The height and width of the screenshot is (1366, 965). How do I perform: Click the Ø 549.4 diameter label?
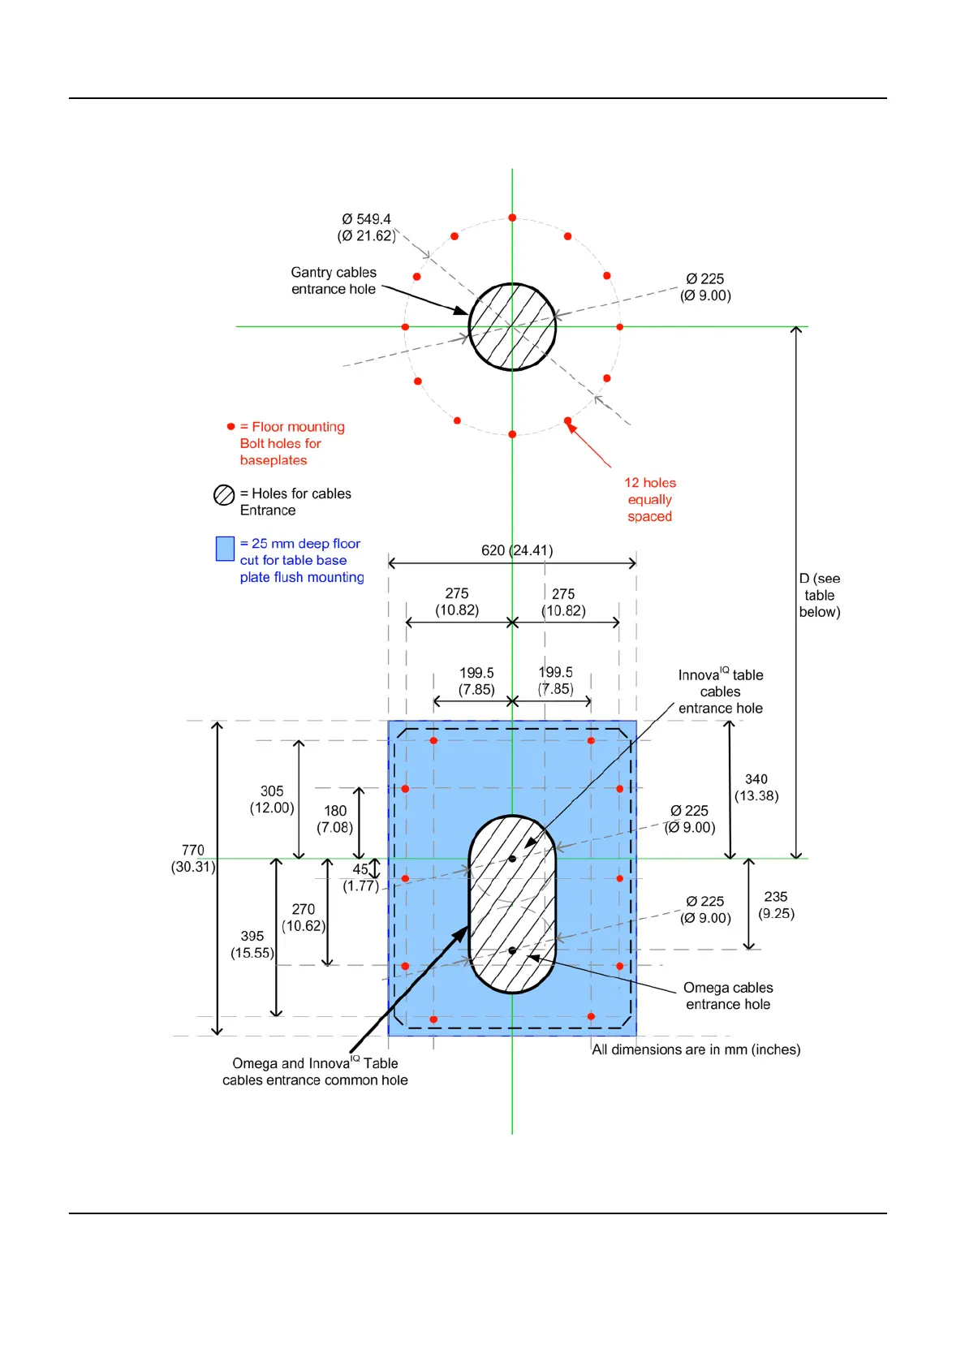(367, 227)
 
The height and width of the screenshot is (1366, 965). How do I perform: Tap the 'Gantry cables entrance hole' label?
(334, 281)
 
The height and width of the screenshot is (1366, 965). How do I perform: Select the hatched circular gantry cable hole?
(512, 326)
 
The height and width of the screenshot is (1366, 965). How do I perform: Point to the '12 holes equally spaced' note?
(649, 499)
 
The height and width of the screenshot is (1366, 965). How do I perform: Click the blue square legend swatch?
(225, 549)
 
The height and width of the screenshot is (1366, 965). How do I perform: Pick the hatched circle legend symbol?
(224, 494)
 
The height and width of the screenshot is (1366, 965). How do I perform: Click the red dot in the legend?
(230, 426)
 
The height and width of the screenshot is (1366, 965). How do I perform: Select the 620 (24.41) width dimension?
(517, 550)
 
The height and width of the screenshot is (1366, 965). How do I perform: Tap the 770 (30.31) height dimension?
(193, 858)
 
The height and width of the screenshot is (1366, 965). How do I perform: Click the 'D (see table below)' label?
(820, 595)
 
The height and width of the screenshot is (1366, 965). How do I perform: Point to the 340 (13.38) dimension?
(756, 787)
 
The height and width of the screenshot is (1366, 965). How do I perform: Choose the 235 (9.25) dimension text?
(776, 905)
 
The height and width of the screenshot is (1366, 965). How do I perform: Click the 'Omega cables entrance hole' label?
(728, 996)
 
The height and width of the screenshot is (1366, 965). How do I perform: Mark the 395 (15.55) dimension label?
(252, 944)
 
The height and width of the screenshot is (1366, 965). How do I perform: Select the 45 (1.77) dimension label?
(360, 877)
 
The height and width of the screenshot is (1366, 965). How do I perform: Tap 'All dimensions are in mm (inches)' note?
(696, 1049)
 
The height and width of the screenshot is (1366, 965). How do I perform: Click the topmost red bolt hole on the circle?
(512, 218)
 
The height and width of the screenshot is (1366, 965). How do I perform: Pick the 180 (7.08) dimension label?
(335, 819)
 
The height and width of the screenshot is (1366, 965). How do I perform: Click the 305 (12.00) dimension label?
(272, 799)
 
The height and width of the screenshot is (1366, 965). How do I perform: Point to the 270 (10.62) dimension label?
(304, 917)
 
